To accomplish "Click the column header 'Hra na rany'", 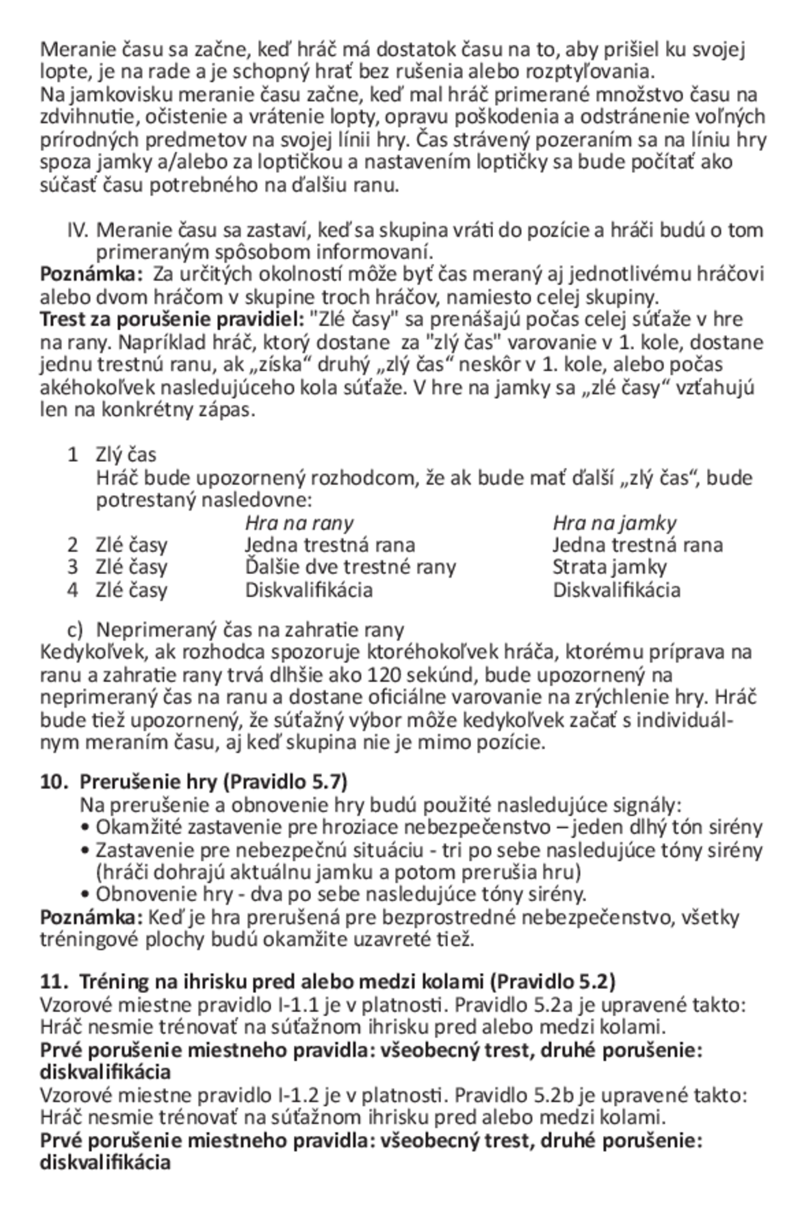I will point(299,523).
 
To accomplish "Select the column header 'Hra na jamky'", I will point(614,523).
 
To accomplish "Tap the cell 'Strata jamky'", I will point(609,567).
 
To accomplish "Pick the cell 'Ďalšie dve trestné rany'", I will point(350,567).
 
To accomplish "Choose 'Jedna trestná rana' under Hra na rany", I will point(330,544).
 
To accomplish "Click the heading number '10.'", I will point(54,782).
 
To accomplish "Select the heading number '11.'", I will point(54,982).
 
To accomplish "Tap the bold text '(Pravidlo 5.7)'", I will point(285,782).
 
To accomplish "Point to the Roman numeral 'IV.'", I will point(79,230).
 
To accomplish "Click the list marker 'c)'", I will point(75,630).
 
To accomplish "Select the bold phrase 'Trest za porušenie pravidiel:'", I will point(173,319).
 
